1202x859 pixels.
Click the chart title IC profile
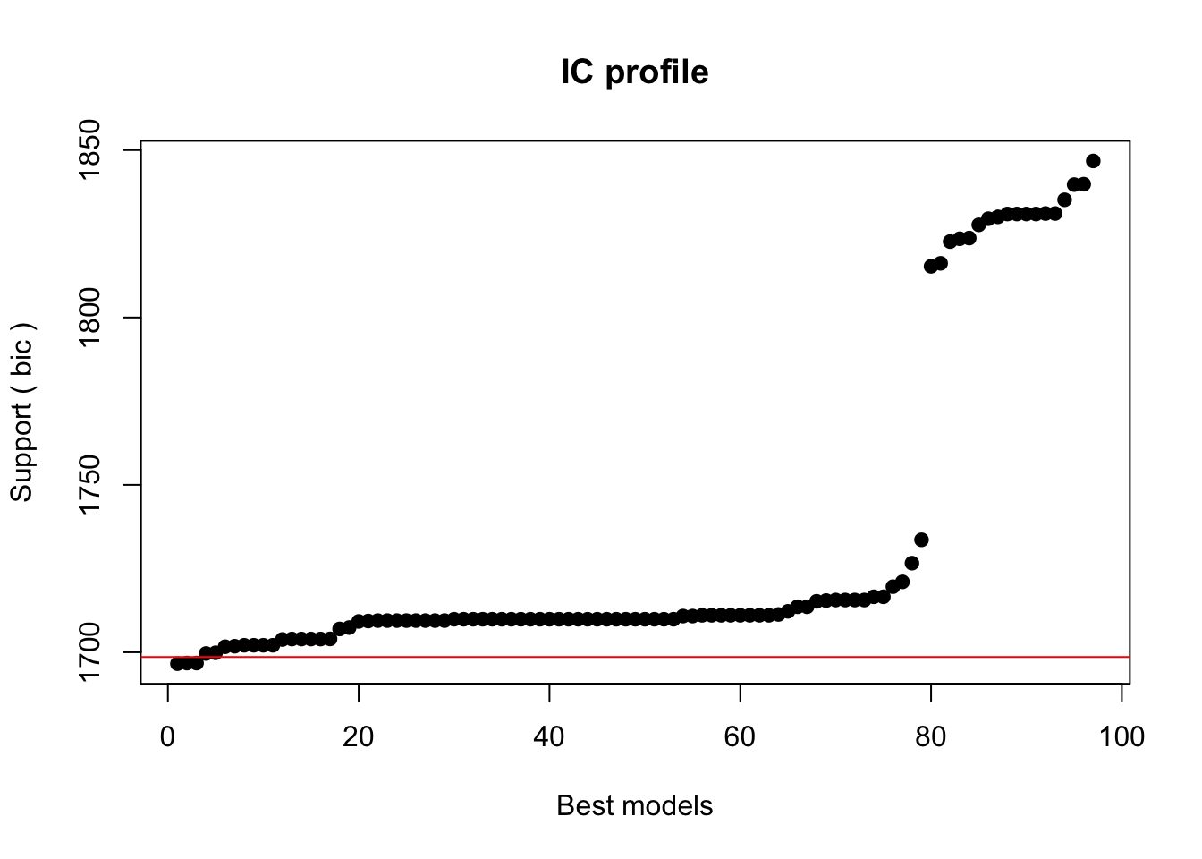[635, 72]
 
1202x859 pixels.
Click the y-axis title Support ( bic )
[21, 412]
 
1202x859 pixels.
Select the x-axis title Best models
[635, 806]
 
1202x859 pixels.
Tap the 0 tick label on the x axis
[167, 736]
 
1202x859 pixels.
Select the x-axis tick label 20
[358, 736]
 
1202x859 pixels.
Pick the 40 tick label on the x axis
[549, 736]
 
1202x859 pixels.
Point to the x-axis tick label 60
[740, 736]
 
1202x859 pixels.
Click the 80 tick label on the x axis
[931, 736]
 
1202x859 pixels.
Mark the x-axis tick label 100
[1122, 736]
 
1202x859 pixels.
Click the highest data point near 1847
[1093, 161]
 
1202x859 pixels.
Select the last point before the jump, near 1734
[921, 540]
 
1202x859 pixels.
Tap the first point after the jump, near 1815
[931, 266]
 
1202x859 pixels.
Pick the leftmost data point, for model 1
[177, 663]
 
